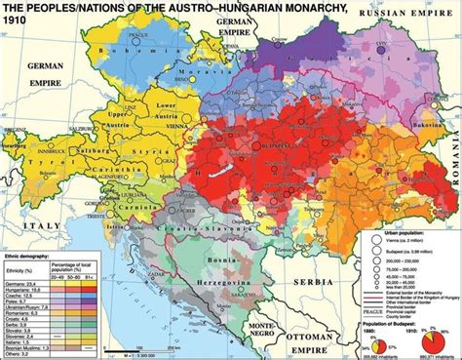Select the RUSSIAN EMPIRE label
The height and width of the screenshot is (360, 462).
pyautogui.click(x=400, y=17)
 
